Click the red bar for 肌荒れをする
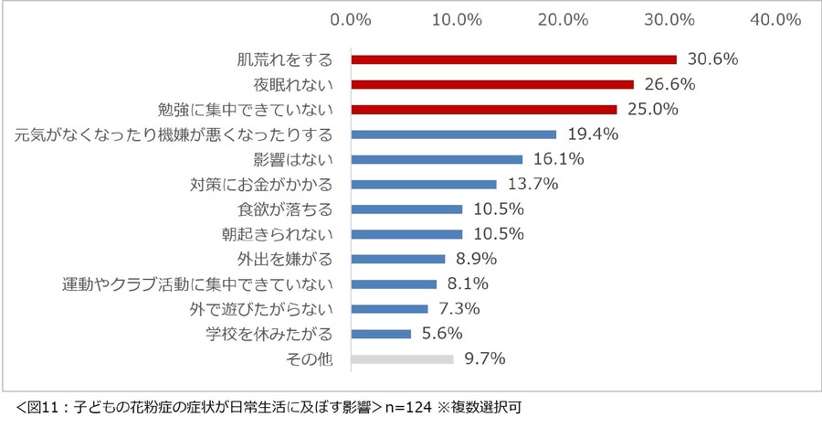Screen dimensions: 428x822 pyautogui.click(x=514, y=59)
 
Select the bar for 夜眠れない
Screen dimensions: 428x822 pyautogui.click(x=493, y=84)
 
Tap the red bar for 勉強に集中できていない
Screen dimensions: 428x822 pyautogui.click(x=484, y=109)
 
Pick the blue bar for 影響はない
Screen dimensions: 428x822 pyautogui.click(x=437, y=159)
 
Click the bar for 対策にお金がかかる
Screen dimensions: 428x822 pyautogui.click(x=425, y=184)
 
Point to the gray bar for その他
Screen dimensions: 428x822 pyautogui.click(x=403, y=358)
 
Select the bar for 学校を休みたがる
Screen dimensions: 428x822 pyautogui.click(x=382, y=334)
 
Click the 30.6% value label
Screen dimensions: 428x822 pyautogui.click(x=711, y=59)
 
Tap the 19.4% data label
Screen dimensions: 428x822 pyautogui.click(x=592, y=134)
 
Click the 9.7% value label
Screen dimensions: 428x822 pyautogui.click(x=485, y=358)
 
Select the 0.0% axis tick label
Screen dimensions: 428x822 pyautogui.click(x=351, y=19)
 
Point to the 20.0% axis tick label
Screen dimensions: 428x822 pyautogui.click(x=564, y=19)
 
